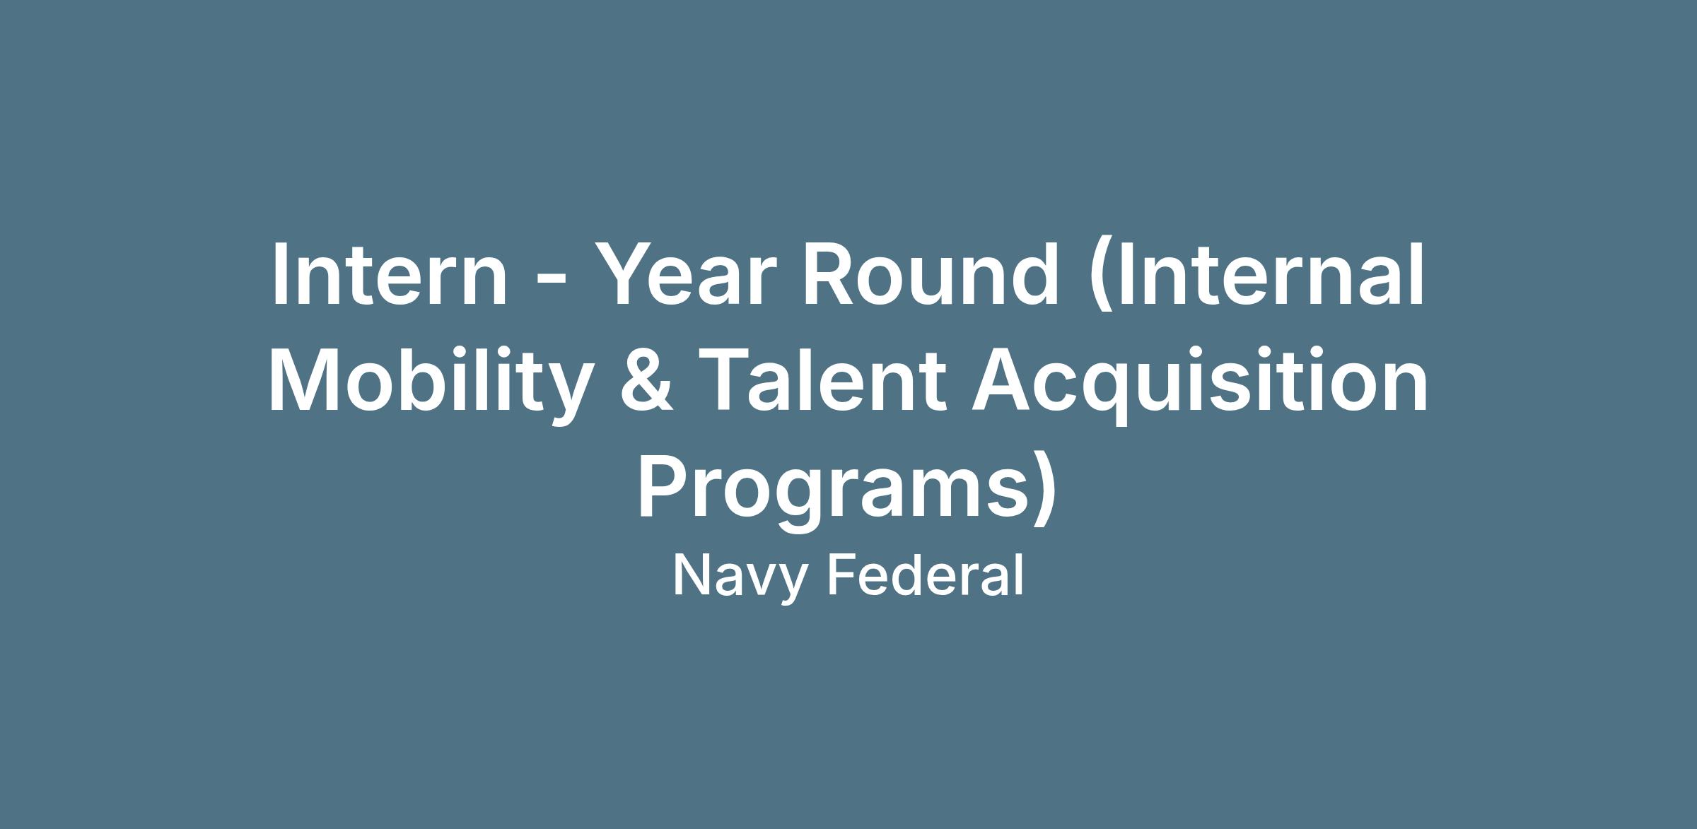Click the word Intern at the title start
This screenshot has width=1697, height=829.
(390, 274)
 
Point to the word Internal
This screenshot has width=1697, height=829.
(1258, 274)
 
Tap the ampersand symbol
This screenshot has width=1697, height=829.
(647, 378)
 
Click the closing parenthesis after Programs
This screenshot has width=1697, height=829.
(1045, 488)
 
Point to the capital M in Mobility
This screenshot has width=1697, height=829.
(305, 378)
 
